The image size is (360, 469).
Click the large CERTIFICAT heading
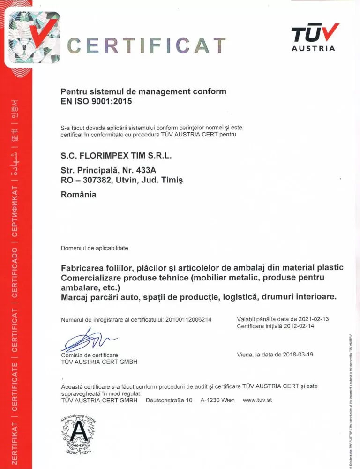pos(147,45)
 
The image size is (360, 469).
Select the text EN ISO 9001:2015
pos(97,101)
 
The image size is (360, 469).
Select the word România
pos(79,195)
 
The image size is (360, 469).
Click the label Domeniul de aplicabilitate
pos(94,248)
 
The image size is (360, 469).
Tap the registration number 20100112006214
pos(188,320)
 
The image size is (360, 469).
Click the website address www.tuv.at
pos(257,400)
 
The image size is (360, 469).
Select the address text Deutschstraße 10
pos(169,400)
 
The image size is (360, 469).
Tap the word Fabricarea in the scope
pos(83,268)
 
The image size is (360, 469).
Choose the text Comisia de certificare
pos(90,355)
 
